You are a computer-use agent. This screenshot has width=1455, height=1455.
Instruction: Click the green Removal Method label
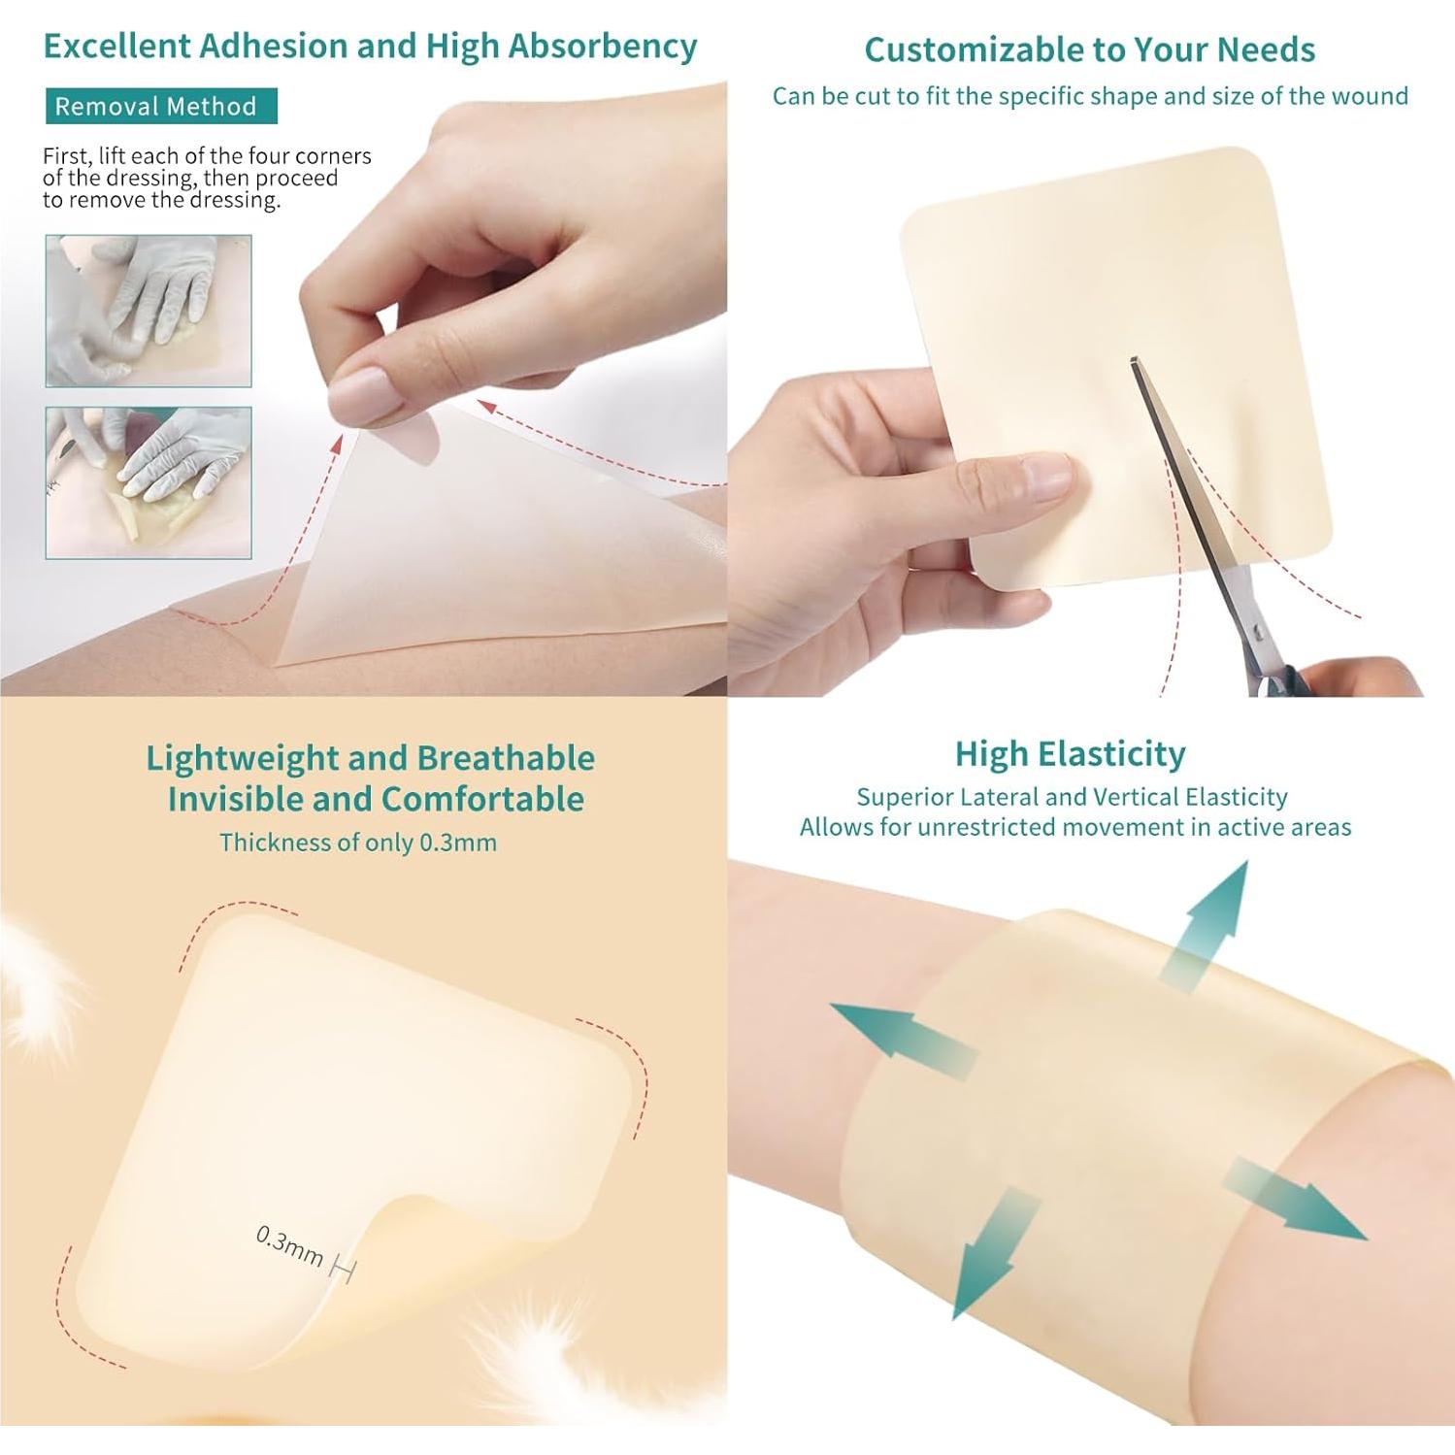point(161,106)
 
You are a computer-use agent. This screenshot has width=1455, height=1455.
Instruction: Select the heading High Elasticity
point(1070,753)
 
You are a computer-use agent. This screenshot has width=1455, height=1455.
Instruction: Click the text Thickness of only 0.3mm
point(358,842)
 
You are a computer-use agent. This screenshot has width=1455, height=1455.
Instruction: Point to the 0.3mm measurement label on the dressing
point(289,1244)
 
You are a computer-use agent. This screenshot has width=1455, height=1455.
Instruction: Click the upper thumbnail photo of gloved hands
point(149,311)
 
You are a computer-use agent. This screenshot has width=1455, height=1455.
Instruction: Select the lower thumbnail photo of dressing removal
point(149,482)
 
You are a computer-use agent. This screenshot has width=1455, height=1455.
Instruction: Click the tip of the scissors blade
point(1133,361)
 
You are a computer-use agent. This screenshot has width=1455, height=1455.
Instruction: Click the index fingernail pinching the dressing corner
point(361,396)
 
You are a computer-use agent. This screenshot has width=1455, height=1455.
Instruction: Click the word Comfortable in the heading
point(482,799)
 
